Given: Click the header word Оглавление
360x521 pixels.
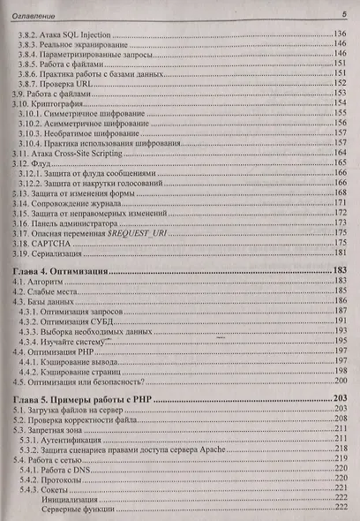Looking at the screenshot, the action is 32,14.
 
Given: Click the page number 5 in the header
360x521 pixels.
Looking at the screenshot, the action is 343,14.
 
